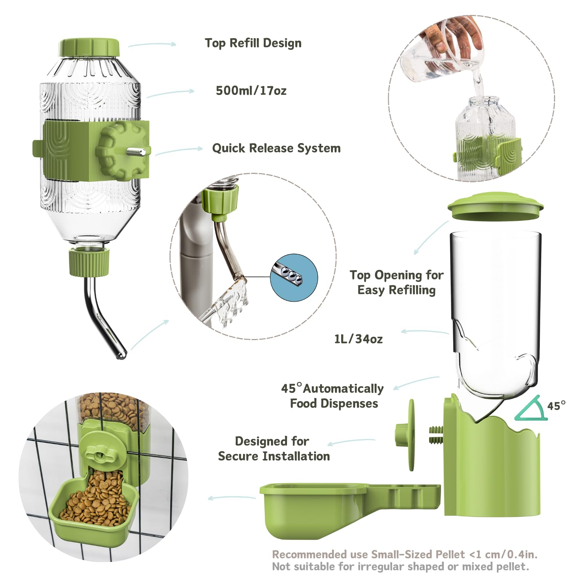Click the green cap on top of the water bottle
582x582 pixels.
pos(89,47)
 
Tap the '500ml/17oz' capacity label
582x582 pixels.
pos(251,91)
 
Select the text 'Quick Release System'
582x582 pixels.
pos(276,148)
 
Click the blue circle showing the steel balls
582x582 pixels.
pos(294,278)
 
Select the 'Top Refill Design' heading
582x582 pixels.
pos(253,43)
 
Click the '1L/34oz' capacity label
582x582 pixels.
pos(358,339)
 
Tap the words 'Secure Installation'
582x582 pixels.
pos(274,457)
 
